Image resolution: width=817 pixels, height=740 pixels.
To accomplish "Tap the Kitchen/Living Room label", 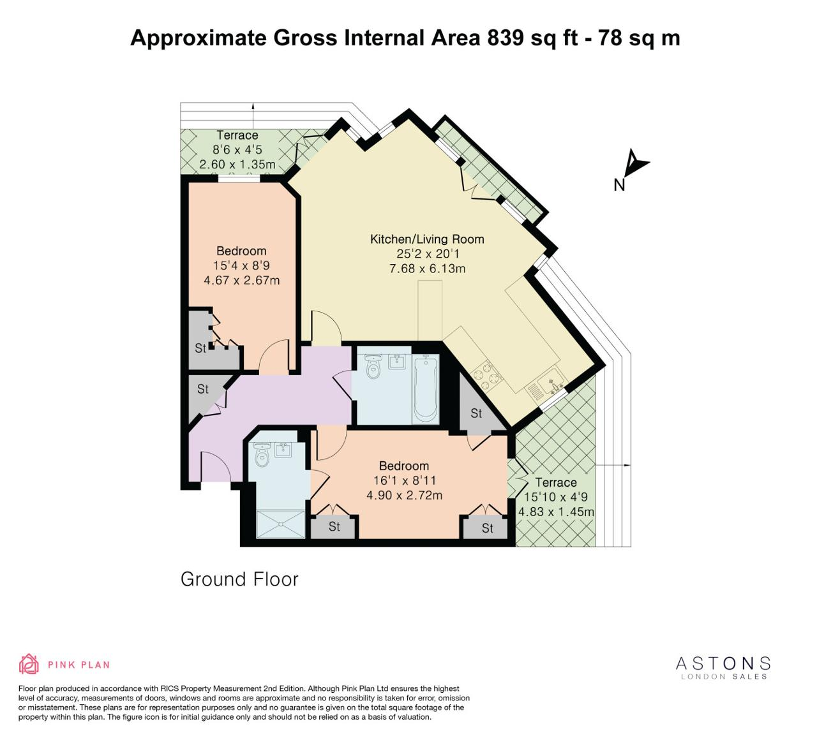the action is pos(427,239).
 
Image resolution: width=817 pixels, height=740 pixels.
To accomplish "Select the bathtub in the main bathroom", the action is pos(426,389).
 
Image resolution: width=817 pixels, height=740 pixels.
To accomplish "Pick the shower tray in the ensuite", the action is pos(281,524).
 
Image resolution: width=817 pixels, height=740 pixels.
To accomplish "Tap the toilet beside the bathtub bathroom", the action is pos(373,366).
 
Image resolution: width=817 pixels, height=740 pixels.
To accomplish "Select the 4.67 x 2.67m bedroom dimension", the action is pos(241,281).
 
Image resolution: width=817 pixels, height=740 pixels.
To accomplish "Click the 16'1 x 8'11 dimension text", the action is pos(405,480).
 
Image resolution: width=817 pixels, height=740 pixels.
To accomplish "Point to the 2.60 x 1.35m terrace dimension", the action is pos(237,165).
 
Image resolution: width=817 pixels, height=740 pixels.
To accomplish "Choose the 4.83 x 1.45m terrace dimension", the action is pos(556,512).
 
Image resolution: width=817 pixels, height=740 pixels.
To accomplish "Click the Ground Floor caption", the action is pos(239,579).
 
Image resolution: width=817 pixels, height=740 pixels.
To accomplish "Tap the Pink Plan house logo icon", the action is pos(29,664).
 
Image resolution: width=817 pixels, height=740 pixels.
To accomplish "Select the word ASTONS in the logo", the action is pos(723,663).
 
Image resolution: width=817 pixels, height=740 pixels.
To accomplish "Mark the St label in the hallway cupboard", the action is pos(203,389).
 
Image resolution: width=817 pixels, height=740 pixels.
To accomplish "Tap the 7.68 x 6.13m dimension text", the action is pos(427,269).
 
